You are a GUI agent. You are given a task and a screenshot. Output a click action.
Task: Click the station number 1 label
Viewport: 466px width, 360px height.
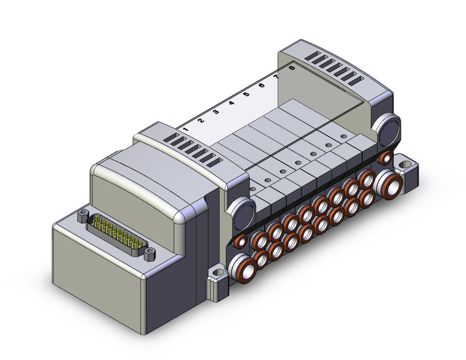(185, 129)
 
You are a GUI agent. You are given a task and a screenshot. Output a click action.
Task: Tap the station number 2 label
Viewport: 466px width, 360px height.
(201, 121)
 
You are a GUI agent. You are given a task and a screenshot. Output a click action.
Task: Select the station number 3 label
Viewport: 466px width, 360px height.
(216, 112)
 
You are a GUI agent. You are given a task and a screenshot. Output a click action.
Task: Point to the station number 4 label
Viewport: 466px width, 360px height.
(231, 103)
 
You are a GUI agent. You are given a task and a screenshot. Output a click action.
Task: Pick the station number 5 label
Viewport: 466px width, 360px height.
(246, 94)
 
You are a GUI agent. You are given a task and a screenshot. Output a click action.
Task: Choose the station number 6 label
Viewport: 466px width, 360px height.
(262, 86)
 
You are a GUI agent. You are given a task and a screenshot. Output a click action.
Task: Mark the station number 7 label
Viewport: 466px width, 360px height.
(277, 77)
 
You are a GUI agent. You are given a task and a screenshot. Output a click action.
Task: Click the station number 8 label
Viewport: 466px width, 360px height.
(292, 68)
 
